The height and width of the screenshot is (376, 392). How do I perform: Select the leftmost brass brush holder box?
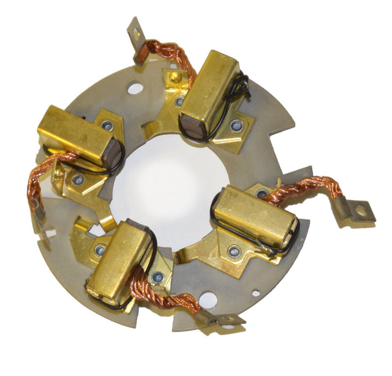(76, 135)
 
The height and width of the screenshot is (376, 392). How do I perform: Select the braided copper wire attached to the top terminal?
(168, 52)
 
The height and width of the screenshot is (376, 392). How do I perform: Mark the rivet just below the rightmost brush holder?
(234, 251)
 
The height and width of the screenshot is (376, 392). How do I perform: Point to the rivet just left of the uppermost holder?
(179, 102)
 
